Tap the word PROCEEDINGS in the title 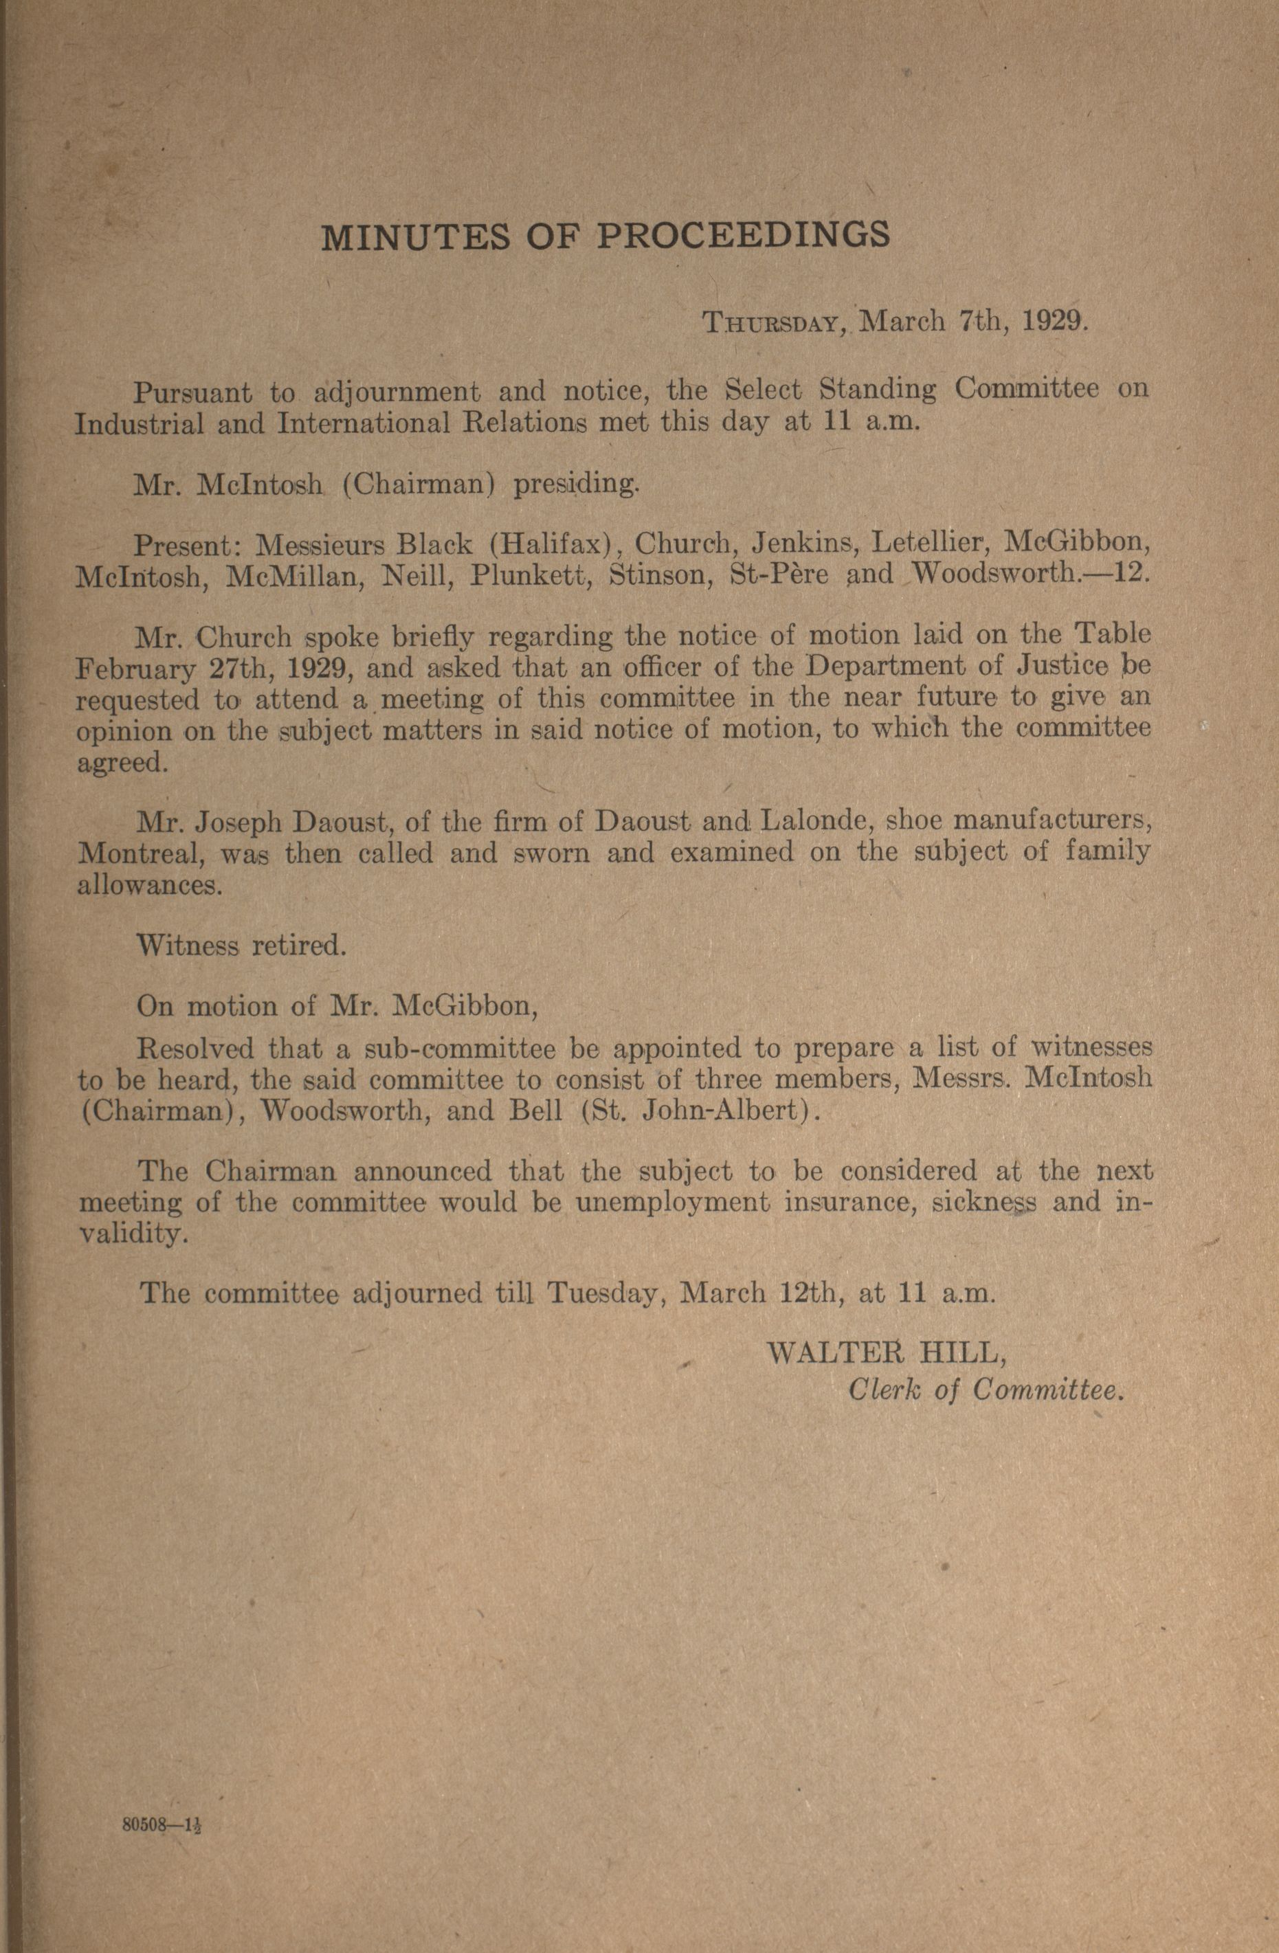(x=742, y=236)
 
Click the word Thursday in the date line (x=770, y=322)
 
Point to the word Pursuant (x=194, y=392)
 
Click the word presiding (x=574, y=484)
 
